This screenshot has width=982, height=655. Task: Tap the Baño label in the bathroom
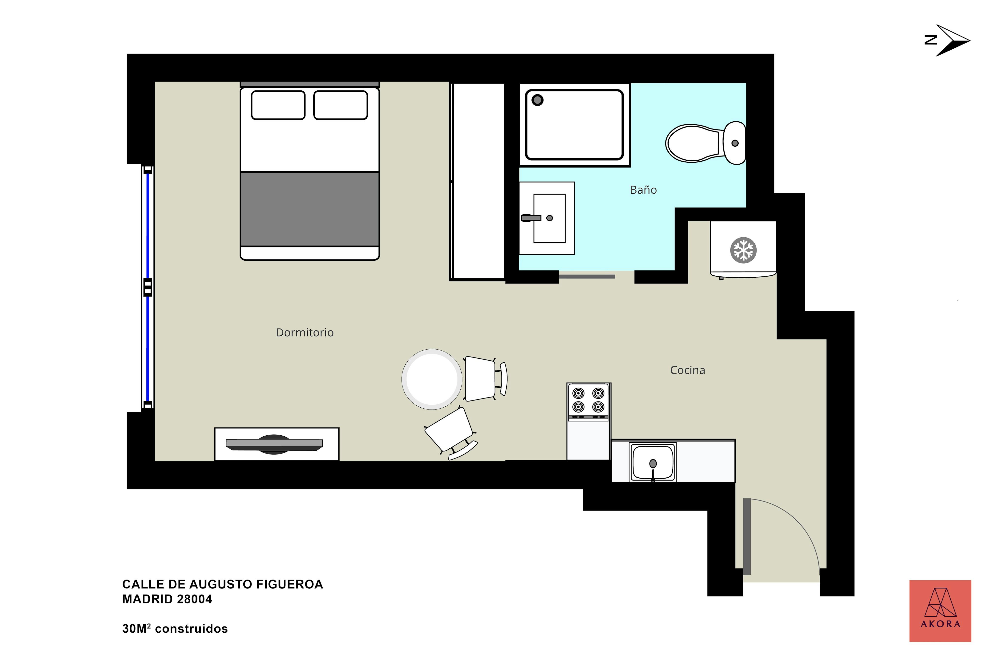[643, 190]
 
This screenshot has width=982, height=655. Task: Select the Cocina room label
[688, 370]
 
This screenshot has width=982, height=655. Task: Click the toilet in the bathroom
[705, 143]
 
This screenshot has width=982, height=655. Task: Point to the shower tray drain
[537, 100]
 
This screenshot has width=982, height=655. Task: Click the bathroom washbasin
[547, 218]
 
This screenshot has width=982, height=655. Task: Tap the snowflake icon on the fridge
[744, 250]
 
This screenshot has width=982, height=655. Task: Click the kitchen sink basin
[653, 462]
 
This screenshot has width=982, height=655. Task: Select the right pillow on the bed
[341, 105]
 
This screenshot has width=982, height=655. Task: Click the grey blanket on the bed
[310, 209]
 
